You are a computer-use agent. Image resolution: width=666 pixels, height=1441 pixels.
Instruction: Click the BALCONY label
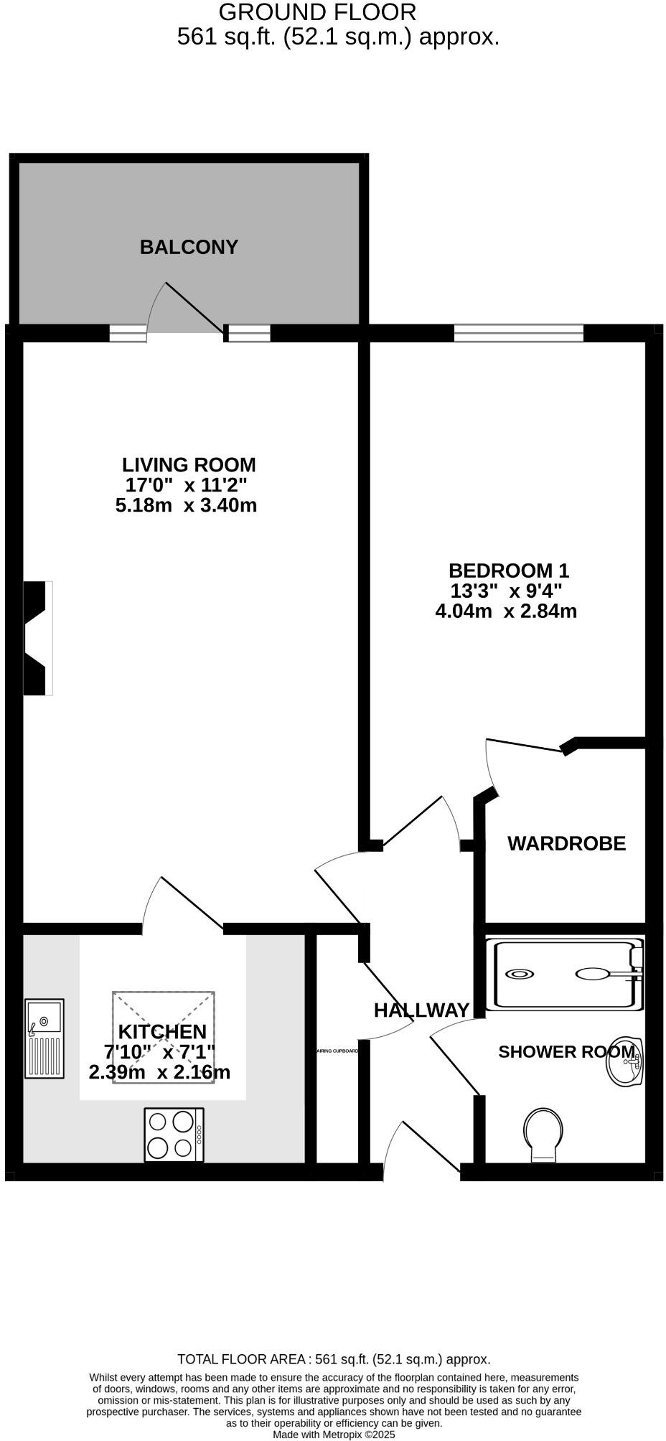click(x=189, y=248)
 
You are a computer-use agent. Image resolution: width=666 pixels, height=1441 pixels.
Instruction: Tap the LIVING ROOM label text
click(x=189, y=465)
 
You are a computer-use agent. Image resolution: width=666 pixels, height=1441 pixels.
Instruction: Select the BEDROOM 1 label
click(x=508, y=571)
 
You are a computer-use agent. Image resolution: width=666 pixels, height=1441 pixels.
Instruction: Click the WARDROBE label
click(x=566, y=844)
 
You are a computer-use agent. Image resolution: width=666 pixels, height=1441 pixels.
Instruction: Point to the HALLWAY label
click(x=421, y=1010)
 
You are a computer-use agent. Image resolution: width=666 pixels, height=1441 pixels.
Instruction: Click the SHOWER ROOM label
click(x=566, y=1052)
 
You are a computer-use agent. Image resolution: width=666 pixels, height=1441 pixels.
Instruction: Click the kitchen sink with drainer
click(x=44, y=1038)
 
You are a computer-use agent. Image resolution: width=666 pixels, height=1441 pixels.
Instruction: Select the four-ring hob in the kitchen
click(x=174, y=1135)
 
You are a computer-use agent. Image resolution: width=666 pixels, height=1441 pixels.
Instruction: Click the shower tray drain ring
click(x=520, y=974)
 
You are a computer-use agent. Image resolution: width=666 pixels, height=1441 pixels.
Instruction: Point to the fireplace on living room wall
click(x=37, y=638)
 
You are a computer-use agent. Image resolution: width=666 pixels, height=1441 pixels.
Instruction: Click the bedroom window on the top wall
click(x=518, y=333)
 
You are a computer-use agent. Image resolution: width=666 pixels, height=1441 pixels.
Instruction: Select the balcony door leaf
click(x=194, y=307)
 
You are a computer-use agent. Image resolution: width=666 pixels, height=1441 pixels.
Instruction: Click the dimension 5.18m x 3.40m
click(x=186, y=505)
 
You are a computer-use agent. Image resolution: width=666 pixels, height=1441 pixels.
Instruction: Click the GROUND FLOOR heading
click(x=316, y=12)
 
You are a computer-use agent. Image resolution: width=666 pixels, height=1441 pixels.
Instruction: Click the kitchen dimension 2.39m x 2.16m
click(x=159, y=1073)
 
